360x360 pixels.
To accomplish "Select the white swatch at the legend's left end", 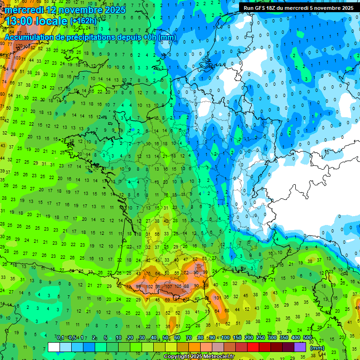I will [54, 347].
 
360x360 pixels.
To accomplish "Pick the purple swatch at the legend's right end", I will [300, 347].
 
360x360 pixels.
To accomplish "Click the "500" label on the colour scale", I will [307, 338].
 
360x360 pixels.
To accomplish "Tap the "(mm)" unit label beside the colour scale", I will [317, 348].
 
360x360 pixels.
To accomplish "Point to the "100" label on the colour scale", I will [225, 338].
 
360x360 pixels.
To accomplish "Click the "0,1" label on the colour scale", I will [60, 338].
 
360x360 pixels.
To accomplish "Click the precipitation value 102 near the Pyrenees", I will [150, 287].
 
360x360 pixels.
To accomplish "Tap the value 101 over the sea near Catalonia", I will [217, 297].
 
